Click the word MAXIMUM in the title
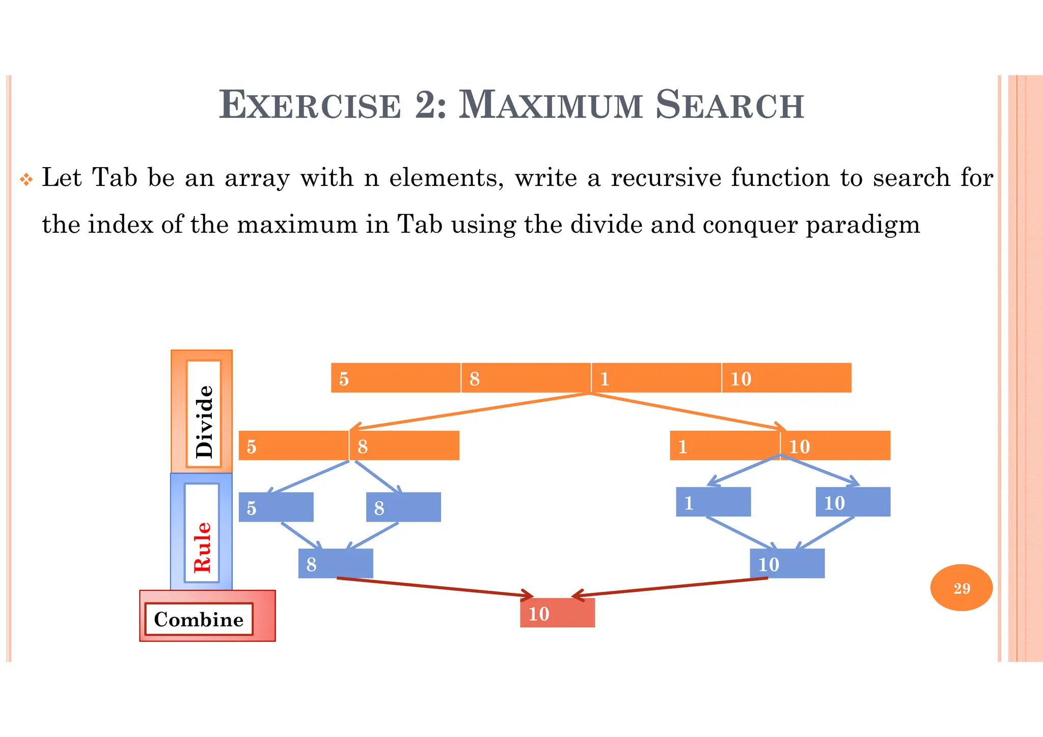pyautogui.click(x=550, y=105)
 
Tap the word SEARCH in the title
pyautogui.click(x=729, y=105)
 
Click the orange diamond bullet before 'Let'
pyautogui.click(x=26, y=180)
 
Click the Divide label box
pyautogui.click(x=203, y=414)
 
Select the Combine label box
pyautogui.click(x=199, y=619)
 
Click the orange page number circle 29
pyautogui.click(x=961, y=588)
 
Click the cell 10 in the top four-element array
pyautogui.click(x=786, y=378)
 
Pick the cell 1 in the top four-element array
pyautogui.click(x=656, y=378)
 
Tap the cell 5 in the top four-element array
pyautogui.click(x=396, y=378)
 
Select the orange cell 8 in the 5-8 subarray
pyautogui.click(x=404, y=446)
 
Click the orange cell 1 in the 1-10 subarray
pyautogui.click(x=724, y=446)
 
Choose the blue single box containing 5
pyautogui.click(x=276, y=507)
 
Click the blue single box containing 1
pyautogui.click(x=713, y=502)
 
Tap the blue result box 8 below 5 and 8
pyautogui.click(x=336, y=564)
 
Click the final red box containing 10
pyautogui.click(x=557, y=613)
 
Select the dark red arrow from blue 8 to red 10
pyautogui.click(x=433, y=587)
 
